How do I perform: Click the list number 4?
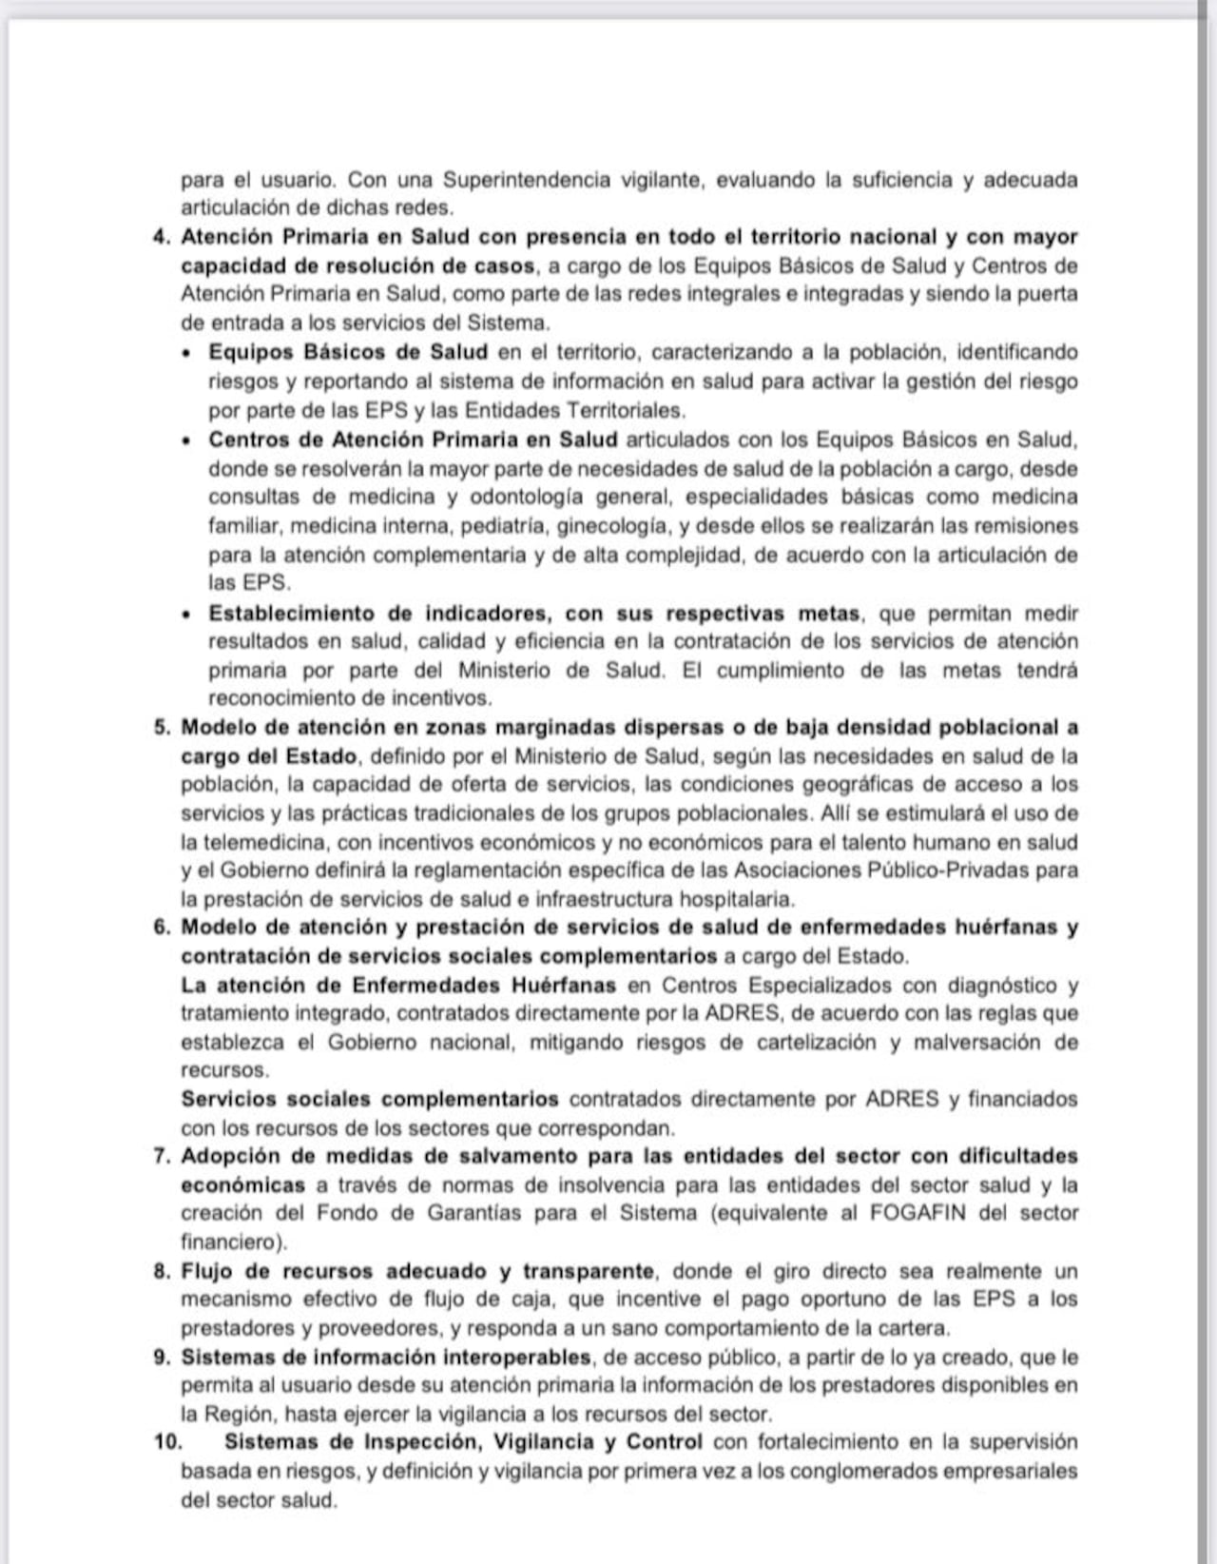click(x=161, y=237)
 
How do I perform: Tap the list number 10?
click(x=167, y=1442)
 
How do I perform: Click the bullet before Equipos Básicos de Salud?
click(x=187, y=353)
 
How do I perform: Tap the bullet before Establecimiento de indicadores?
click(x=187, y=614)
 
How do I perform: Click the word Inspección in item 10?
click(x=421, y=1442)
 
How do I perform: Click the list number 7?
click(x=161, y=1157)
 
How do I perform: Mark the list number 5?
click(x=161, y=728)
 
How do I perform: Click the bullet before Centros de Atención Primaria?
click(x=187, y=440)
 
